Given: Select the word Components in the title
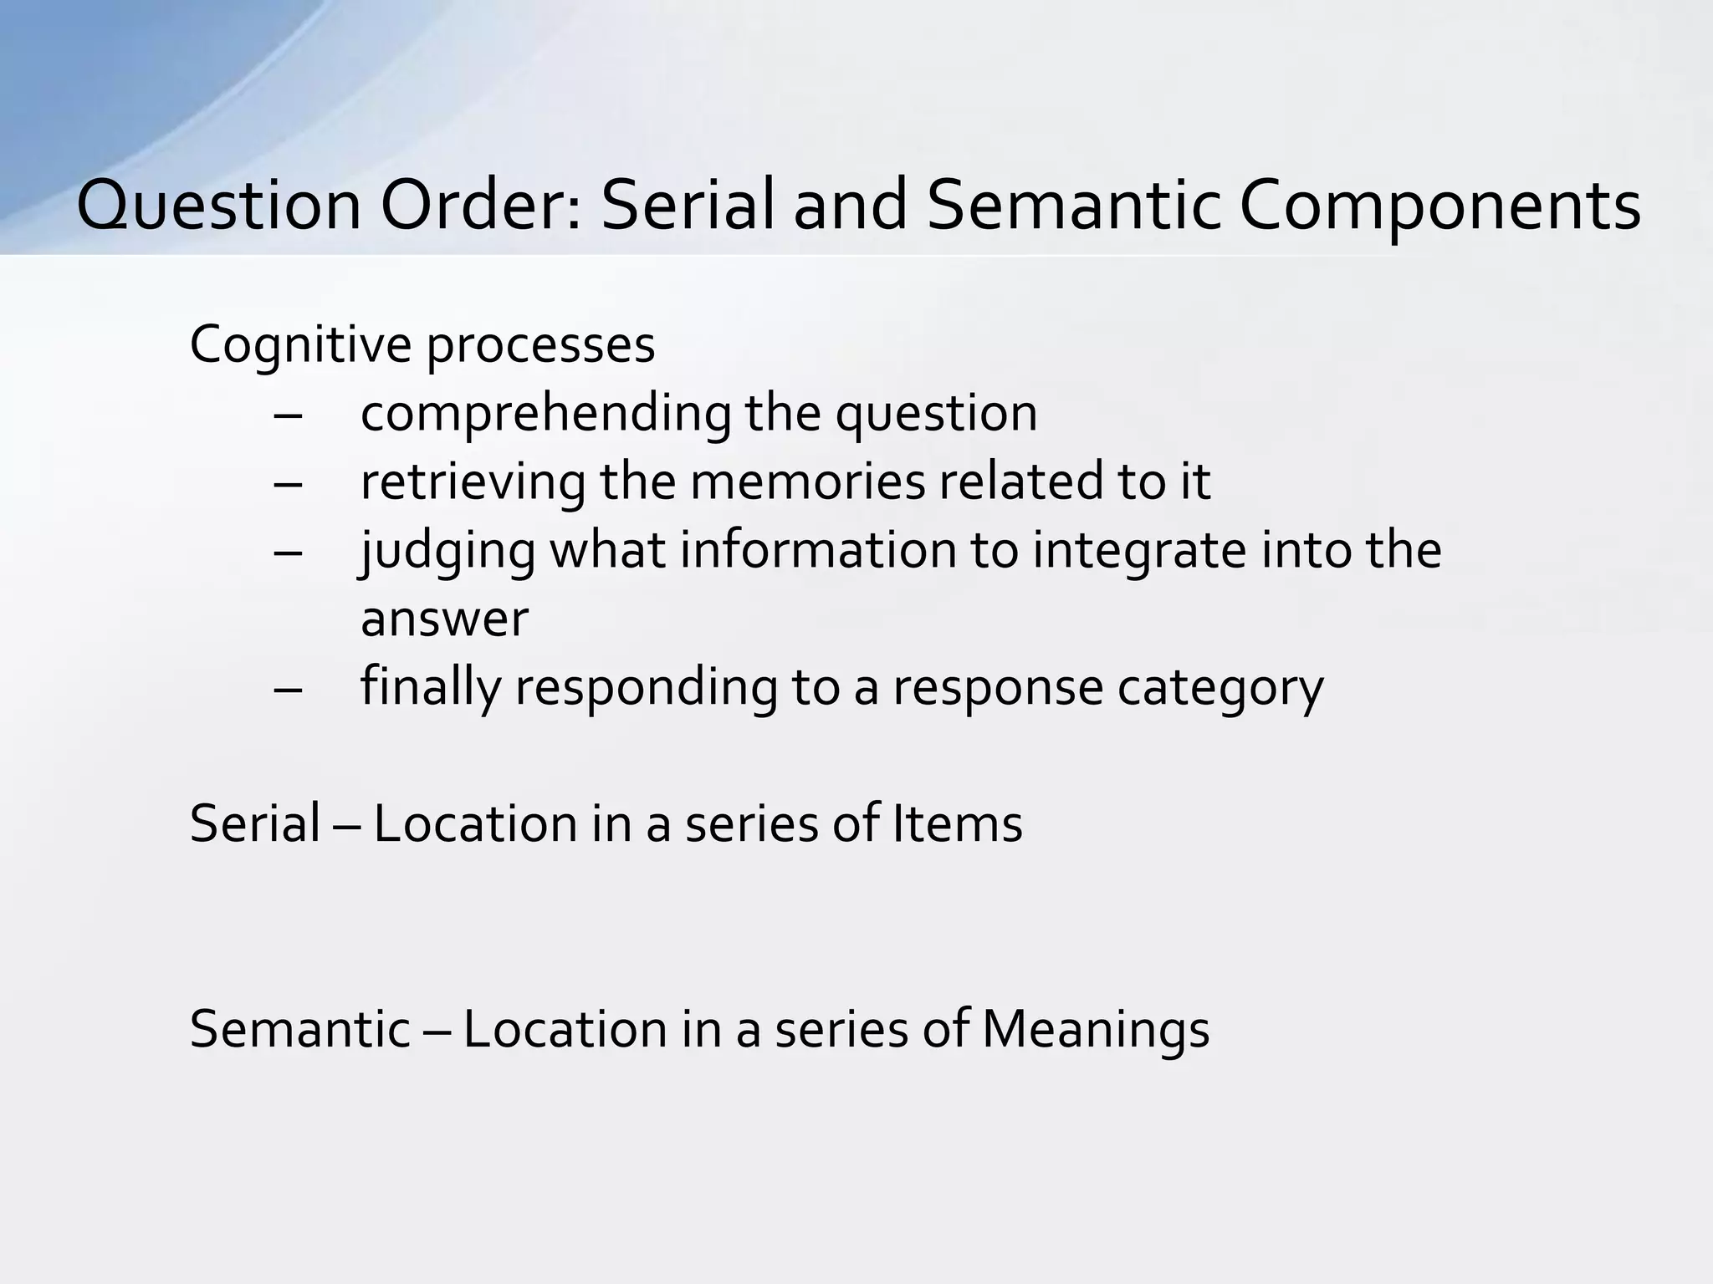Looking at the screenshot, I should click(x=1439, y=206).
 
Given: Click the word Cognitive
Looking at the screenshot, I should click(x=301, y=344).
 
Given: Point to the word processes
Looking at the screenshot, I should click(x=540, y=344).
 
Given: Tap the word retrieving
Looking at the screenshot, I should click(x=472, y=481).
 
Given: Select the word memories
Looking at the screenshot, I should click(x=807, y=481).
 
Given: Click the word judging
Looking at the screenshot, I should click(x=447, y=552).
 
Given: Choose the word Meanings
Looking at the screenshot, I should click(x=1095, y=1030).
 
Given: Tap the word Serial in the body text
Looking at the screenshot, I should click(x=255, y=823).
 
